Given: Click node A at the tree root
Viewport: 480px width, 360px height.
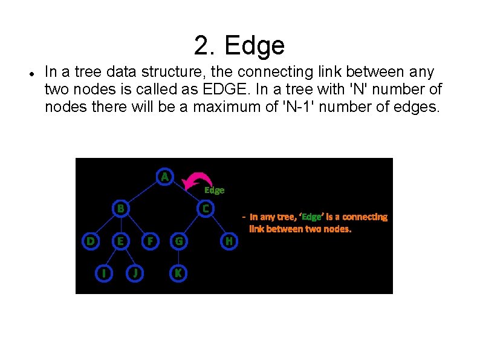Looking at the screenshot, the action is pyautogui.click(x=164, y=177).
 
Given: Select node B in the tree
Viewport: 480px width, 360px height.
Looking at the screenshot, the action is pyautogui.click(x=121, y=208).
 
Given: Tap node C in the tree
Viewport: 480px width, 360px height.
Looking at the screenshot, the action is pyautogui.click(x=206, y=208).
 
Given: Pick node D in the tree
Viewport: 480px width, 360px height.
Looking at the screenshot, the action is pyautogui.click(x=90, y=241).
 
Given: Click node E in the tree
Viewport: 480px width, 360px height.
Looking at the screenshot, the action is pyautogui.click(x=121, y=241).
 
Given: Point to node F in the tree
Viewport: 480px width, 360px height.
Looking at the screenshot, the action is pyautogui.click(x=149, y=241).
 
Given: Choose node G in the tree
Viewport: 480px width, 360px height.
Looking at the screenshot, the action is pyautogui.click(x=178, y=241).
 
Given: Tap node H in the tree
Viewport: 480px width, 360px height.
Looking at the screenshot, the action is pyautogui.click(x=229, y=241).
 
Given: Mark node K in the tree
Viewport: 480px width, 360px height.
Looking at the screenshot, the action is pyautogui.click(x=178, y=273).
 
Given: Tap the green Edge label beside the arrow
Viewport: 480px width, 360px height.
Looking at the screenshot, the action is pyautogui.click(x=214, y=190).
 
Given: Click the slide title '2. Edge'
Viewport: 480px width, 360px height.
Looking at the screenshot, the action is pyautogui.click(x=239, y=45).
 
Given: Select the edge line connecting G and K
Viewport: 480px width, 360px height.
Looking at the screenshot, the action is pyautogui.click(x=178, y=257).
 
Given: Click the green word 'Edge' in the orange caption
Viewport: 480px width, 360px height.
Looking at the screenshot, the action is pyautogui.click(x=312, y=217).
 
